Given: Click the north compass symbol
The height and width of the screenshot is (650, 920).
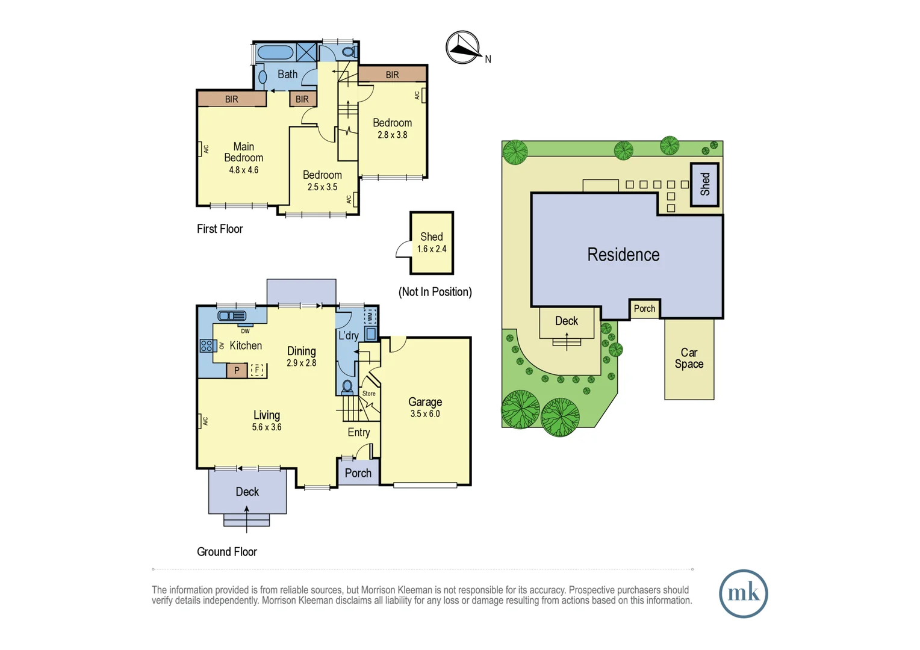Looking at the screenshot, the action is point(463,47).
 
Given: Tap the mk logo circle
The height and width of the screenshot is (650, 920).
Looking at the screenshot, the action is point(744,594).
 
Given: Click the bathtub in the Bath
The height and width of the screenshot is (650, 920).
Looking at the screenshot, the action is point(275,52).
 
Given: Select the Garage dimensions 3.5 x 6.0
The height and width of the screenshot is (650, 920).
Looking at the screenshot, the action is point(425,414).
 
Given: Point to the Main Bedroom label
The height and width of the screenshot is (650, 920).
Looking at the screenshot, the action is point(244,152).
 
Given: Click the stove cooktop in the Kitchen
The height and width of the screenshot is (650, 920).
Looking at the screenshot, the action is point(207,345).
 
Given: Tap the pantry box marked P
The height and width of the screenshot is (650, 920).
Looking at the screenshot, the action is point(237,370).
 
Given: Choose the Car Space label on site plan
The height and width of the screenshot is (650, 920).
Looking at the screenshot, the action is point(689,358).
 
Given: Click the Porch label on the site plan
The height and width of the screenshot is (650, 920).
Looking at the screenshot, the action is point(644,308).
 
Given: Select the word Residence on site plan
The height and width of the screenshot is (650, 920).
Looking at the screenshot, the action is point(623,255).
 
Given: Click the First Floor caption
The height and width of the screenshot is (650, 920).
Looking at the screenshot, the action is point(220,229).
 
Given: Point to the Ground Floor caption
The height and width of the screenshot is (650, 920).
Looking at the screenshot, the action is point(227,551).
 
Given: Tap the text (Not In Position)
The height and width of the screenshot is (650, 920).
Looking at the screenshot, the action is point(435,292).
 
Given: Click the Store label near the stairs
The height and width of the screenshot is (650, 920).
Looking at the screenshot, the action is point(369,394).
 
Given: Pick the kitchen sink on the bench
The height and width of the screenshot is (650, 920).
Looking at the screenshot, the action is point(232,315).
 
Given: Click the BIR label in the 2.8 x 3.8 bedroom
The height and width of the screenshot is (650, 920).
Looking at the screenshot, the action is point(392,75).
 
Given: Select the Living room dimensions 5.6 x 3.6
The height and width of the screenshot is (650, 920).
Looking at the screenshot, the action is point(267,427).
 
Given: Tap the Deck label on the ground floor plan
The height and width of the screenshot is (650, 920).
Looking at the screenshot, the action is point(247,492).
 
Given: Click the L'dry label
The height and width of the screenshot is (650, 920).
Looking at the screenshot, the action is point(348,335).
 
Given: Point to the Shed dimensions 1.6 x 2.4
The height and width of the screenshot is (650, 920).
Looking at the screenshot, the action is point(432,249).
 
